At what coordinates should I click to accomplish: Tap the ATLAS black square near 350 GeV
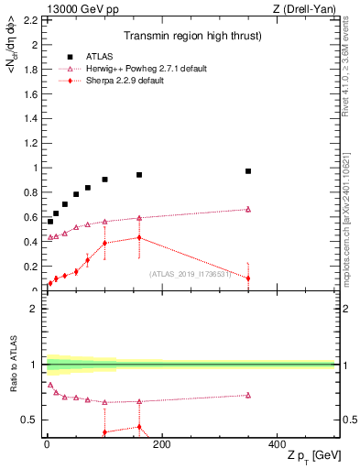point(248,171)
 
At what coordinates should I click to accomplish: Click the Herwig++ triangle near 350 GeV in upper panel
point(248,209)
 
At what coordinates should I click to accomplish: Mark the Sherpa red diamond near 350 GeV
point(248,278)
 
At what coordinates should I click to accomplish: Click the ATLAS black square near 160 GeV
point(139,175)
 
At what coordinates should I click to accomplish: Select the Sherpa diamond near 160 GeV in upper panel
point(139,237)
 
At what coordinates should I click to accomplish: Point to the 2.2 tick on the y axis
point(30,19)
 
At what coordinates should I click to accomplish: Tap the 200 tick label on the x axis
point(161,444)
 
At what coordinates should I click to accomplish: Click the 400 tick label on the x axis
point(277,444)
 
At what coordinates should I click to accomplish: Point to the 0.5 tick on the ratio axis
point(30,420)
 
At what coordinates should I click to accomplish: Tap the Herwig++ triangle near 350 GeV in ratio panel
point(248,395)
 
